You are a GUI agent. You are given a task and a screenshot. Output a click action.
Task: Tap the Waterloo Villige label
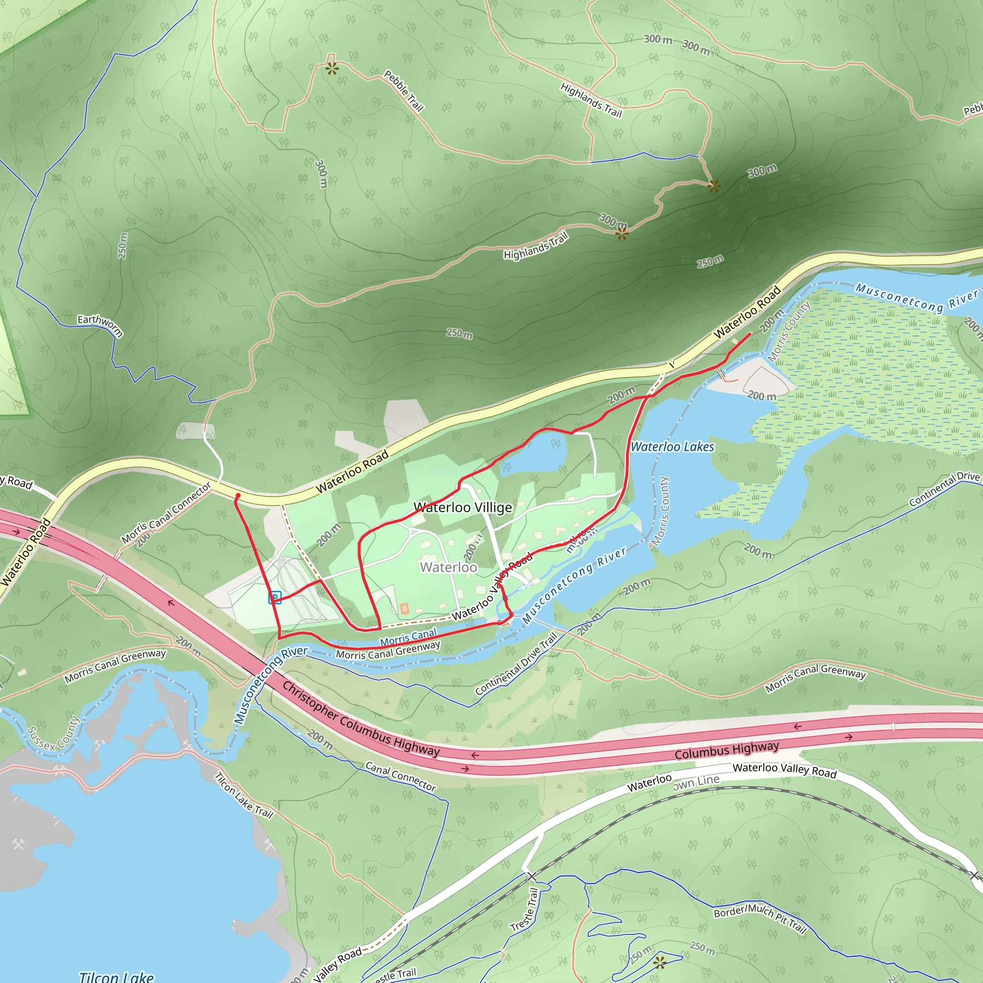pyautogui.click(x=463, y=507)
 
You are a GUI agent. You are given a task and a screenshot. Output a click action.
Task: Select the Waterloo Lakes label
pyautogui.click(x=672, y=447)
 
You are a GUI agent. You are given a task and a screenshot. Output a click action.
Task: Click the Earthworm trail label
pyautogui.click(x=100, y=324)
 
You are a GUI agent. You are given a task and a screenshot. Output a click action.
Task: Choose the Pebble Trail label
pyautogui.click(x=404, y=91)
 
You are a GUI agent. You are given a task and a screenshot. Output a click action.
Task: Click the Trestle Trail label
pyautogui.click(x=525, y=910)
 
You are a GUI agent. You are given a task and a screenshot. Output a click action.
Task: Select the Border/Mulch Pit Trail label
pyautogui.click(x=760, y=919)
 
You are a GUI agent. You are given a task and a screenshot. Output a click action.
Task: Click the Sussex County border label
pyautogui.click(x=53, y=733)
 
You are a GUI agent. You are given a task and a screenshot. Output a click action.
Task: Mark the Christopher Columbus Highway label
pyautogui.click(x=361, y=719)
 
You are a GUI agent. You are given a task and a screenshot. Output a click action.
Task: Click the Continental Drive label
pyautogui.click(x=944, y=489)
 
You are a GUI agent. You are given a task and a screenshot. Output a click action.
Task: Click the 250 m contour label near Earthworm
pyautogui.click(x=122, y=245)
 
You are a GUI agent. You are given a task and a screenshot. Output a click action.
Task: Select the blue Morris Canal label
pyautogui.click(x=408, y=637)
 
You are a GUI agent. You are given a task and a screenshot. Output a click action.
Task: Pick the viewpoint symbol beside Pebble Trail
pyautogui.click(x=332, y=68)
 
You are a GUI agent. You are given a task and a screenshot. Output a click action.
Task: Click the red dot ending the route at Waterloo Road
pyautogui.click(x=238, y=495)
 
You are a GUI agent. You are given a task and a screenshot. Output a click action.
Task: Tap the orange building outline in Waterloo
pyautogui.click(x=405, y=608)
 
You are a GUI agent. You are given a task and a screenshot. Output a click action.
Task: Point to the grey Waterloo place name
pyautogui.click(x=448, y=567)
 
